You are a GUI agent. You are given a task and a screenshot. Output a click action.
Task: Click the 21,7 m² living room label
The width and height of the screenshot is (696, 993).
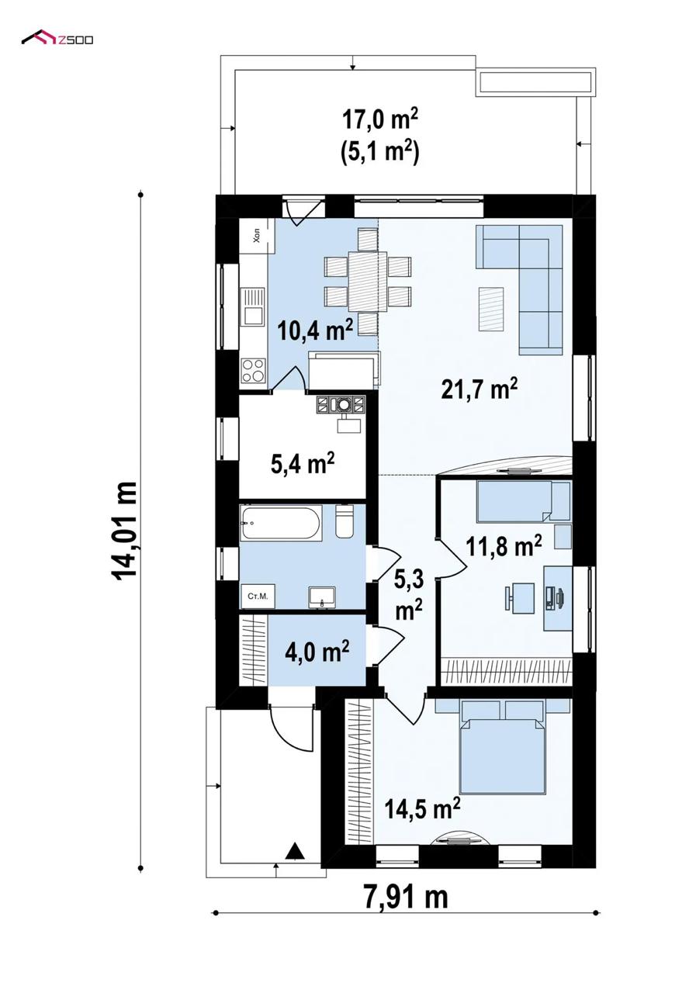pos(480,389)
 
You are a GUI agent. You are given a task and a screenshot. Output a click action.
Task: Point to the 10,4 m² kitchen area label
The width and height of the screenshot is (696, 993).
pos(315,330)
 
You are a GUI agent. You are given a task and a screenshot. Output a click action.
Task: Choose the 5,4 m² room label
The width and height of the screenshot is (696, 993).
pos(302,464)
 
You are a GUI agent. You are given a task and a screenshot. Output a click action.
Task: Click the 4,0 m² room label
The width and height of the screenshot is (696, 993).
pos(317,652)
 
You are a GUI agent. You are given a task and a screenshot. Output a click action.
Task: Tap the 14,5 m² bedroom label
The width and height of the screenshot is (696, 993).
pos(422,808)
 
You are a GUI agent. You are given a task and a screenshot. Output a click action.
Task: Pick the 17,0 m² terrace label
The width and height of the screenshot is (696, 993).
pos(380,120)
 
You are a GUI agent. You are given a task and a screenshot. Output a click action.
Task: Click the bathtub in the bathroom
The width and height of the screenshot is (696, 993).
pos(280,523)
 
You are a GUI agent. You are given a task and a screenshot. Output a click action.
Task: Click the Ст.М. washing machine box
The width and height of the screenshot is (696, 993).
pos(258,597)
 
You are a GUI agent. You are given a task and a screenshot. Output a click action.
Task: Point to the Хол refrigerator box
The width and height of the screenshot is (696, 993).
pos(257,237)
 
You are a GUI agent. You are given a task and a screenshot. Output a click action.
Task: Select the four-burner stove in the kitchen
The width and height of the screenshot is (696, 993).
pos(254,370)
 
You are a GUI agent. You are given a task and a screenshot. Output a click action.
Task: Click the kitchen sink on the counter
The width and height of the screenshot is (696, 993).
pos(253,306)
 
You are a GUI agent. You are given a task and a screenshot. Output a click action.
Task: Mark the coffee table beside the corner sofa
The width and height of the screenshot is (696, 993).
pos(491,309)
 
